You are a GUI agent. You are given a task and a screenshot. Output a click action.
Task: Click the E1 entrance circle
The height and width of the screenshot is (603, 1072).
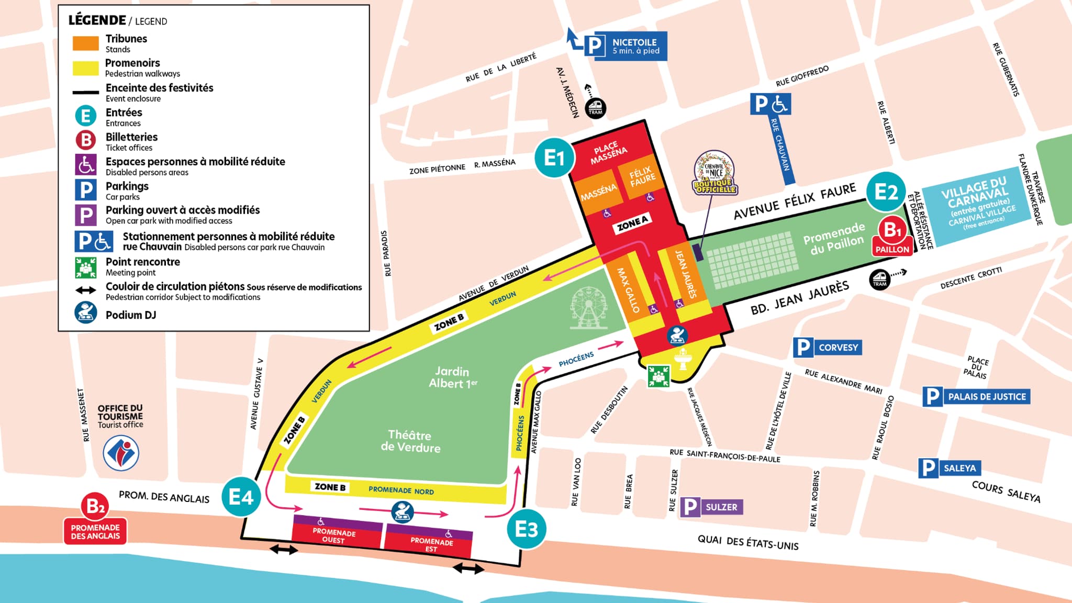point(554,157)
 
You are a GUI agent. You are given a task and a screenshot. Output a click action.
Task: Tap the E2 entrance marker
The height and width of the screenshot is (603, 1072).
point(886,192)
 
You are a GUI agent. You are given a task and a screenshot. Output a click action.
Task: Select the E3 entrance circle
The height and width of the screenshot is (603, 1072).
point(526,529)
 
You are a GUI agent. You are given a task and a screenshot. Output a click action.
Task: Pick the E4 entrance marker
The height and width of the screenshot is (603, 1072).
point(241,496)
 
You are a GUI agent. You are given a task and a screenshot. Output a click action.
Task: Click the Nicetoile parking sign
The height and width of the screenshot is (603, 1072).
point(626,46)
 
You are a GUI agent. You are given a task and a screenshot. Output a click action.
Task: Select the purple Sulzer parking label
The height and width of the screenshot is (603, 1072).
point(711,507)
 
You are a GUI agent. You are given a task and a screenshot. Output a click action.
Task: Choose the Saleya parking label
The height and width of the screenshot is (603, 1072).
point(950,468)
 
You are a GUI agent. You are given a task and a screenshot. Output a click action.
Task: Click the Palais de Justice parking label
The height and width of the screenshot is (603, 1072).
point(976,397)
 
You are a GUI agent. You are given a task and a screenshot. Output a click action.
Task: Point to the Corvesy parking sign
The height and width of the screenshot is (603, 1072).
point(827,347)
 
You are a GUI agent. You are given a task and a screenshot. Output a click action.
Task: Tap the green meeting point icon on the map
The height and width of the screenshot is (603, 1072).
point(658,375)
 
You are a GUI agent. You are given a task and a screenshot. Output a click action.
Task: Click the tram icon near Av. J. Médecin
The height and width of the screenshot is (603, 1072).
point(595,108)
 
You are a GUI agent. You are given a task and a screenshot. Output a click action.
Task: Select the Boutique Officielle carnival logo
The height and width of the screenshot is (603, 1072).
point(715,173)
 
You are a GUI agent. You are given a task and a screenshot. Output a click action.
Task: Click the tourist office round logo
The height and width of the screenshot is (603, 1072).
point(121,453)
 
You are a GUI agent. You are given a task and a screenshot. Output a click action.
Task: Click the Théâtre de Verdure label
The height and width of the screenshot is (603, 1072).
point(410,441)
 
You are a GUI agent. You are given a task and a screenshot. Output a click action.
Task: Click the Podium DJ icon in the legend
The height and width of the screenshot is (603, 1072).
point(86,314)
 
